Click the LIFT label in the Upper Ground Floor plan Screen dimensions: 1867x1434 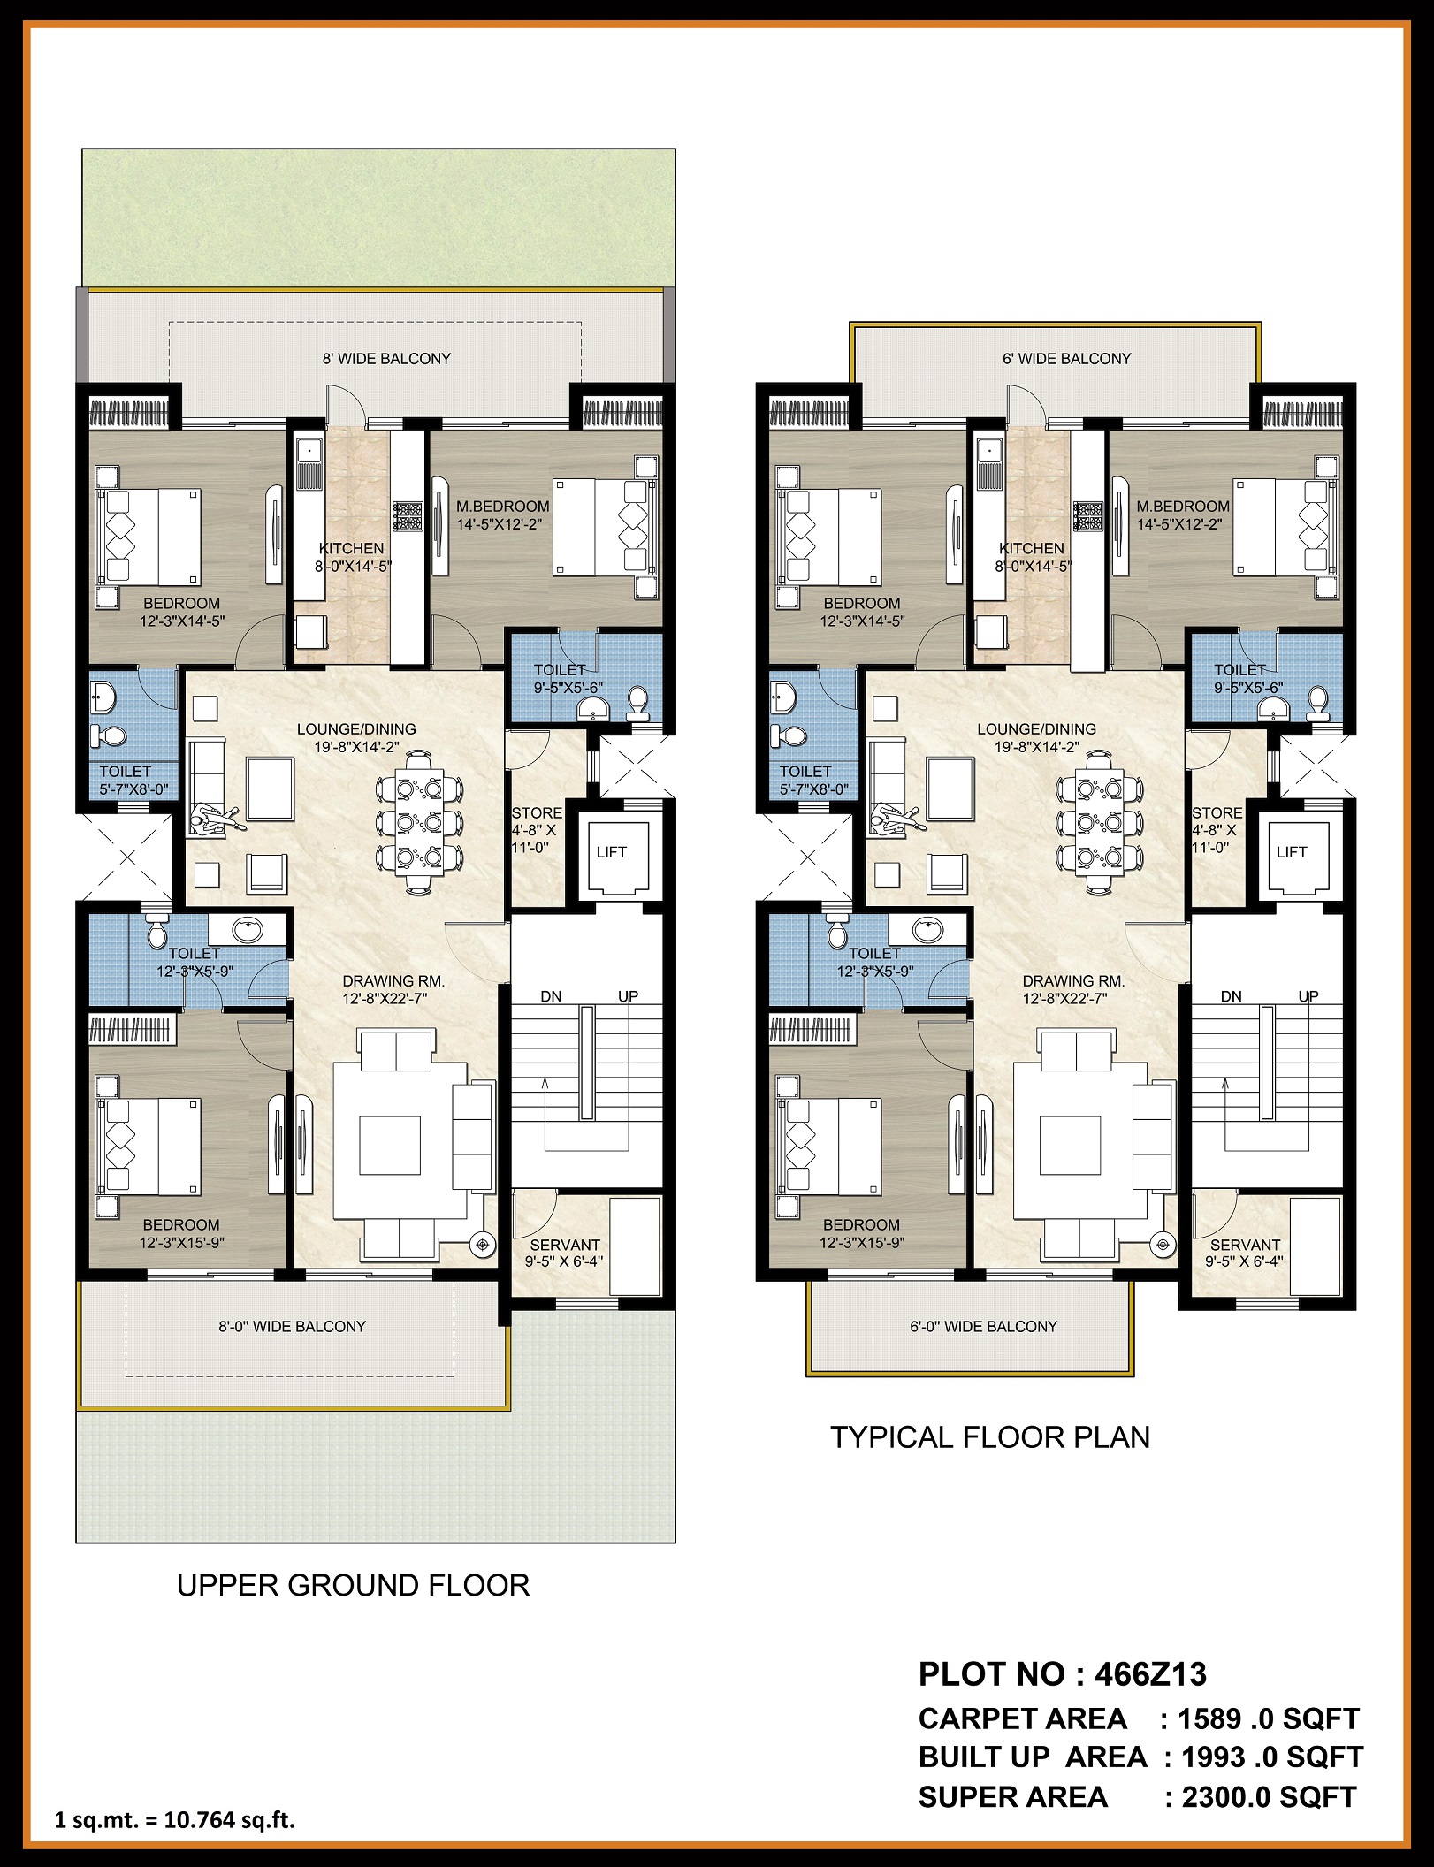(x=611, y=852)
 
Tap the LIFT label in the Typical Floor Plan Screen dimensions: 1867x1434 (x=1291, y=852)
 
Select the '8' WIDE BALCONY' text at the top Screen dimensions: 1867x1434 (x=386, y=359)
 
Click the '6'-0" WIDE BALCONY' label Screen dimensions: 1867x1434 (x=983, y=1326)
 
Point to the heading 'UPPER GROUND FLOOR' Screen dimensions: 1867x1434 (x=354, y=1610)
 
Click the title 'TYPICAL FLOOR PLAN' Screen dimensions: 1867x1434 (x=990, y=1437)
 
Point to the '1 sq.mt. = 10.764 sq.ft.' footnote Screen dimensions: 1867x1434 (x=174, y=1820)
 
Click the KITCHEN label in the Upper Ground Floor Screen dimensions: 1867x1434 (x=351, y=548)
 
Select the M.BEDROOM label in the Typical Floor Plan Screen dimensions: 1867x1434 (x=1183, y=507)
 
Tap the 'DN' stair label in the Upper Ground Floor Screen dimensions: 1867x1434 (x=551, y=996)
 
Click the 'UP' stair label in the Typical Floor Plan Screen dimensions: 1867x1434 (x=1308, y=996)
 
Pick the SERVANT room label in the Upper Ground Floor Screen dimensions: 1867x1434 (x=565, y=1245)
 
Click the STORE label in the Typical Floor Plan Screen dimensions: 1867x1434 (x=1217, y=813)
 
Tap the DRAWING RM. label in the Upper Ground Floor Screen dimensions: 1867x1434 (x=393, y=981)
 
